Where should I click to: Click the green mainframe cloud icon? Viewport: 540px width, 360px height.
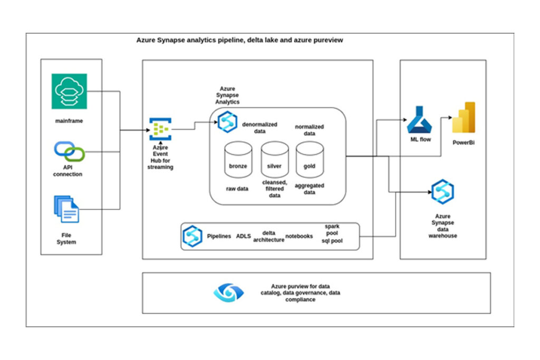pos(69,91)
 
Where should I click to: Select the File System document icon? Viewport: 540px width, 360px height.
pos(66,209)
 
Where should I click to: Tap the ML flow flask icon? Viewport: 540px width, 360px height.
pos(419,120)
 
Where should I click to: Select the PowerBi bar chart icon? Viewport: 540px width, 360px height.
pos(464,118)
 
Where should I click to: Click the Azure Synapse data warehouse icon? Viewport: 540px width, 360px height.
pos(442,192)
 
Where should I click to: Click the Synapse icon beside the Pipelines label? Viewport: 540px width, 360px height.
pos(192,236)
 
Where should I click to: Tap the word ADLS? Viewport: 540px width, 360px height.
pos(244,237)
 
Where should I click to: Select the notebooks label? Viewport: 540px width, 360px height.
pos(299,237)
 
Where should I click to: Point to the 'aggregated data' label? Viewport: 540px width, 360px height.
pos(309,189)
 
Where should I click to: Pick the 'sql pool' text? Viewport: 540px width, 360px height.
pos(332,241)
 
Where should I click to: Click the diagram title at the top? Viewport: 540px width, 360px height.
pos(239,40)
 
